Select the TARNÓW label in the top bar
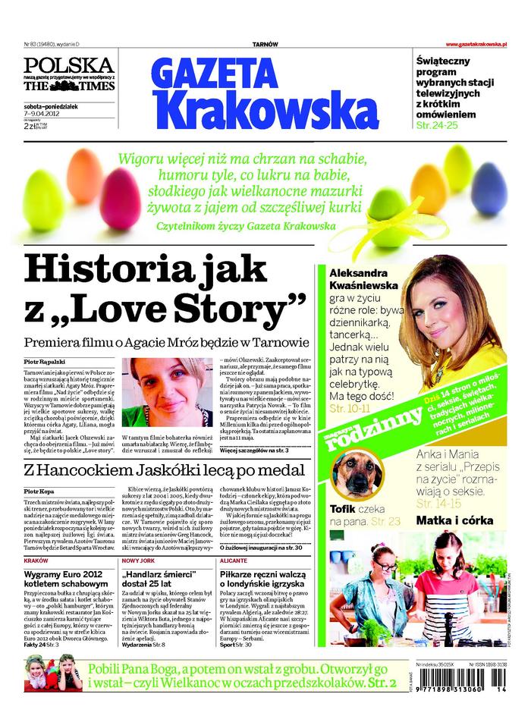[x=265, y=45]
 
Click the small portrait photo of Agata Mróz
[x=171, y=391]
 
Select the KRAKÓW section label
[x=36, y=560]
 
